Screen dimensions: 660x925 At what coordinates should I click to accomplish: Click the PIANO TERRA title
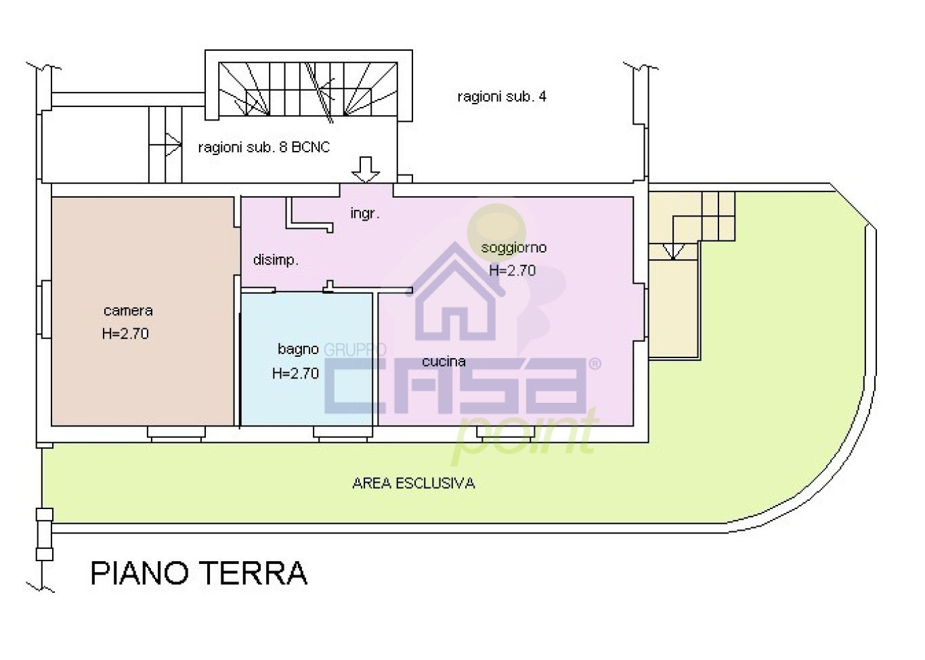point(198,573)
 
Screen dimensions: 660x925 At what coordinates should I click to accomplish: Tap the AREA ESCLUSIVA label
point(413,483)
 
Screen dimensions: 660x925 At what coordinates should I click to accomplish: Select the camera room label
point(128,311)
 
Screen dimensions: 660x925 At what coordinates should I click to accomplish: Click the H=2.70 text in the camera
point(125,334)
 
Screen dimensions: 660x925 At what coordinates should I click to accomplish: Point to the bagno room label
point(298,349)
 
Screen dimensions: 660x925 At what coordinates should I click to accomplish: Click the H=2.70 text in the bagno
point(295,374)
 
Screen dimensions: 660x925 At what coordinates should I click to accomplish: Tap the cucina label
point(444,361)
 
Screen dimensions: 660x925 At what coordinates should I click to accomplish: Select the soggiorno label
point(513,248)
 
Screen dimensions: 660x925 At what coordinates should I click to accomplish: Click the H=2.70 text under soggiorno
point(512,271)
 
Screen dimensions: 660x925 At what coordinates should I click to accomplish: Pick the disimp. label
point(276,260)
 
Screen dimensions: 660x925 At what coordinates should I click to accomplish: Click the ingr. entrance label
point(364,214)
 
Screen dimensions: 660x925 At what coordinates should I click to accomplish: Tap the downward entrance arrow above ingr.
point(366,169)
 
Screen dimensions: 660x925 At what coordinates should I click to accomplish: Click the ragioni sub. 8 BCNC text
point(263,148)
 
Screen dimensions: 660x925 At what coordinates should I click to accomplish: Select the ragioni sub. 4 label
point(502,97)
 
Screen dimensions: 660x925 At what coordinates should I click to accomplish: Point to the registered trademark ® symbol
point(595,364)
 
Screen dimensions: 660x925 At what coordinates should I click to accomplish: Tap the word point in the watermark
point(525,433)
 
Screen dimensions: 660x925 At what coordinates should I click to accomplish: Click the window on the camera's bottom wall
point(176,434)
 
